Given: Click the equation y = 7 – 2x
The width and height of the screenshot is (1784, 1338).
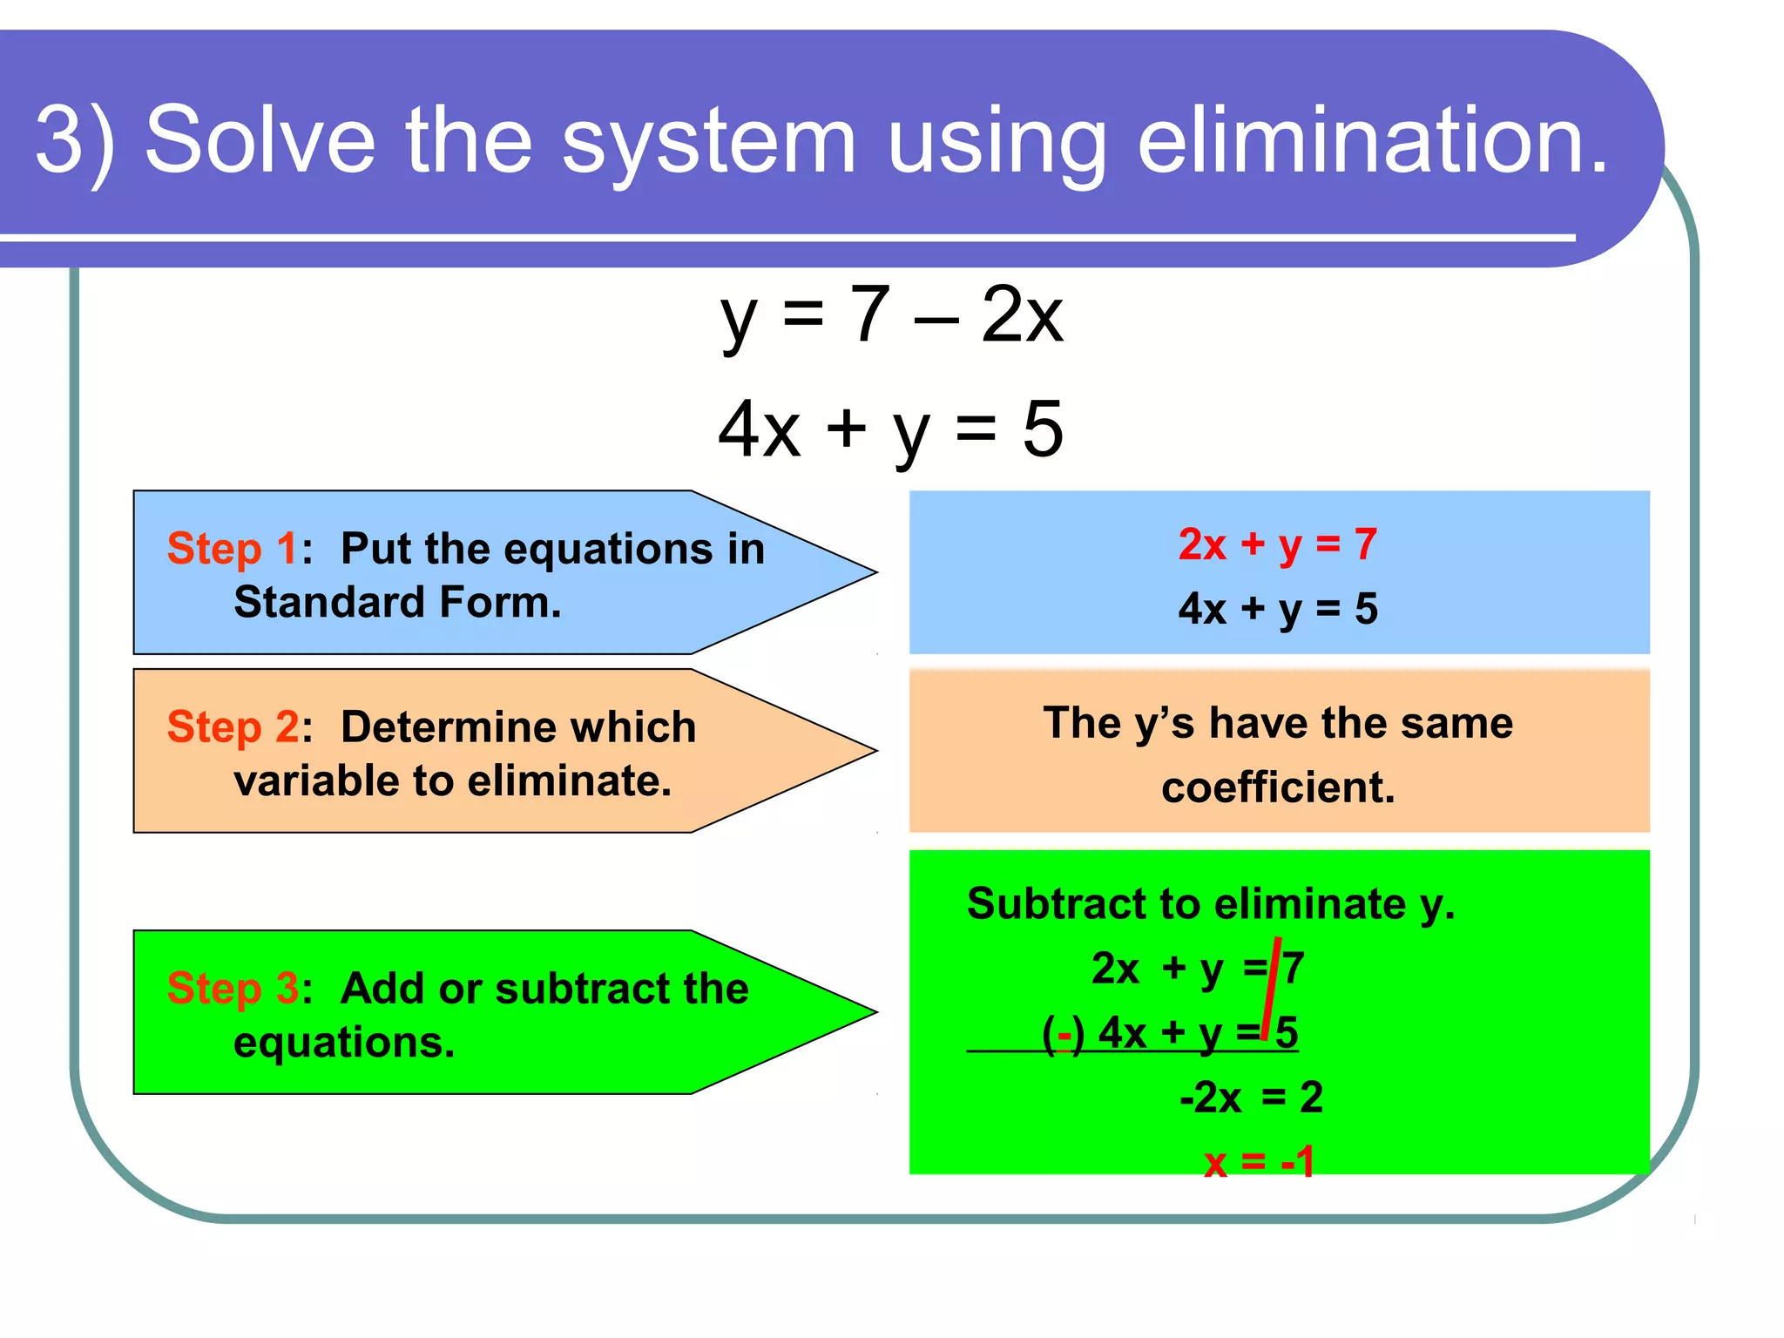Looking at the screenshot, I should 891,315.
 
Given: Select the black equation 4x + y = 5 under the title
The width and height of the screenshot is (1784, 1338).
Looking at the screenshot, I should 890,429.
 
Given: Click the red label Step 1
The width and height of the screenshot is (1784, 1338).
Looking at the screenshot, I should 232,549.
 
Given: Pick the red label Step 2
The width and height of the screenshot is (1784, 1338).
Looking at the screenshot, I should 233,727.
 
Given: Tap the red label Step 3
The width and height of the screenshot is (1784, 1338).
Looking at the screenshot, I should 233,989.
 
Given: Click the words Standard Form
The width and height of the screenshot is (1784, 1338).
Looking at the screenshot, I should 397,603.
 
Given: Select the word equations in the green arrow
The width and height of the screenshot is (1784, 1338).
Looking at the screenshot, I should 344,1043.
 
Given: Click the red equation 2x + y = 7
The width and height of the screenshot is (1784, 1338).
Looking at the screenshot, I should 1277,545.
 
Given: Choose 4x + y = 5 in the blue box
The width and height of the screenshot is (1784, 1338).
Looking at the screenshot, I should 1278,609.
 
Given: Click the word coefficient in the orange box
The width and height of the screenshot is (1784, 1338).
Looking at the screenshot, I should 1278,787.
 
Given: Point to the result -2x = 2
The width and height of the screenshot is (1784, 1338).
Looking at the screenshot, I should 1251,1098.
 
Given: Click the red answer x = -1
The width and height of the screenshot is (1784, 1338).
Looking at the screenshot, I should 1259,1162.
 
